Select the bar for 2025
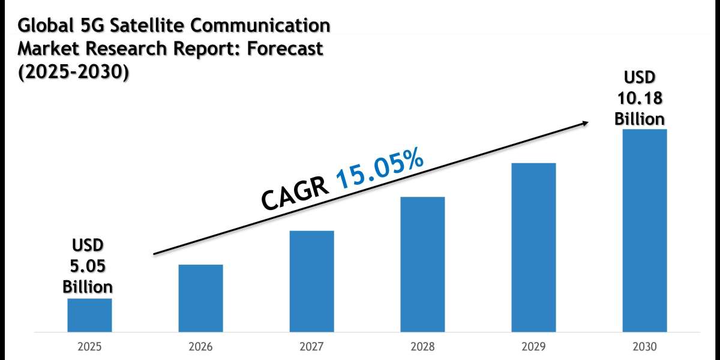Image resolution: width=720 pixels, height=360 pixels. (x=89, y=315)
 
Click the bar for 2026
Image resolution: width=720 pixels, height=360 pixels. (x=200, y=298)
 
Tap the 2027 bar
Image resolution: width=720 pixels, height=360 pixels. (x=311, y=281)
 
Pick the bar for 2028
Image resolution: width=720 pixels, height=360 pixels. (x=422, y=264)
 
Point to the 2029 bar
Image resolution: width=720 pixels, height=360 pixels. (x=533, y=247)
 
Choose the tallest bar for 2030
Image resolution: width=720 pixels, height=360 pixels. (x=644, y=230)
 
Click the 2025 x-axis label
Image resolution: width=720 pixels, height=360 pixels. (x=89, y=347)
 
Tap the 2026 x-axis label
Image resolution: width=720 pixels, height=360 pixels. (x=200, y=347)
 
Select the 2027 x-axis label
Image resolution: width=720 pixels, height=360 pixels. (x=311, y=347)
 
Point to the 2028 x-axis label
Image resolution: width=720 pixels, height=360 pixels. (x=422, y=347)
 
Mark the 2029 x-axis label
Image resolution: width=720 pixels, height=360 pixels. (x=533, y=347)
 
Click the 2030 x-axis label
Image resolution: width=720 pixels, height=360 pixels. (x=644, y=347)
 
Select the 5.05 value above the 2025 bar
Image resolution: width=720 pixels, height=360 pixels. (x=88, y=265)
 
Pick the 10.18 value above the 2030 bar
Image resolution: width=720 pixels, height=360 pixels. (x=640, y=98)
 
